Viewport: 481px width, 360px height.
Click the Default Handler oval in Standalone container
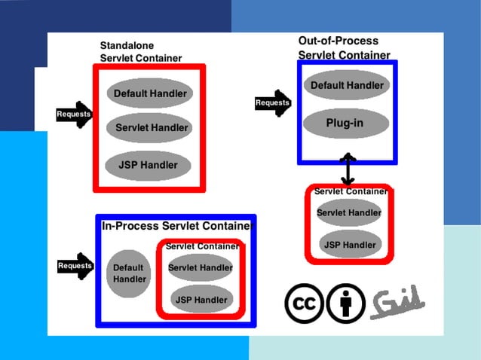pyautogui.click(x=150, y=94)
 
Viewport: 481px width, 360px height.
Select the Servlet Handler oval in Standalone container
pyautogui.click(x=150, y=128)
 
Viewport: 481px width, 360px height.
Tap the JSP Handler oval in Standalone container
pyautogui.click(x=148, y=165)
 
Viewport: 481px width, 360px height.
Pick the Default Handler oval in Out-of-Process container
pyautogui.click(x=347, y=85)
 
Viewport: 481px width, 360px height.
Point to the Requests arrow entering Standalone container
pyautogui.click(x=75, y=114)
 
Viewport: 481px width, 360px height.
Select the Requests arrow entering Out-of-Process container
pyautogui.click(x=273, y=103)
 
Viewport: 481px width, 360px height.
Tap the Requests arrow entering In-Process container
pyautogui.click(x=76, y=266)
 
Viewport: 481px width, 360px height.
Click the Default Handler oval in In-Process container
pyautogui.click(x=129, y=273)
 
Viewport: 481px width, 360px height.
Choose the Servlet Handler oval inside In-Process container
pyautogui.click(x=200, y=267)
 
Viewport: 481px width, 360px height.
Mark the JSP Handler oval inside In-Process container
pyautogui.click(x=201, y=300)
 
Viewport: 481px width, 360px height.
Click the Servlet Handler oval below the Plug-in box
pyautogui.click(x=348, y=213)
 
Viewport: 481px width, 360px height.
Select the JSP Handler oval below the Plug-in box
pyautogui.click(x=350, y=245)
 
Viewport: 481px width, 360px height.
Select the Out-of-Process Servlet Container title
pyautogui.click(x=344, y=47)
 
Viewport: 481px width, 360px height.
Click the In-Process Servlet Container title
pyautogui.click(x=177, y=225)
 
